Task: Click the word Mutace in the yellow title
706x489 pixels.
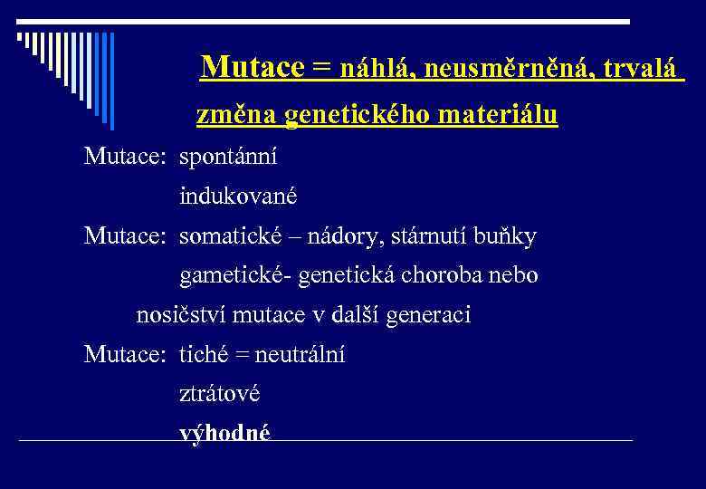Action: (x=253, y=68)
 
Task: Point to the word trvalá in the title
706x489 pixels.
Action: (x=642, y=69)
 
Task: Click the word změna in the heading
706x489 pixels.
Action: (x=237, y=116)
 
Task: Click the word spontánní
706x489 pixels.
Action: (x=228, y=158)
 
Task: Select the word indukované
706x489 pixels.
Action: (x=237, y=196)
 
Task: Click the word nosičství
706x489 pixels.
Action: (x=180, y=315)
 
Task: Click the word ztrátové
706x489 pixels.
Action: (x=219, y=394)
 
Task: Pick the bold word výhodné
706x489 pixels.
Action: (x=224, y=433)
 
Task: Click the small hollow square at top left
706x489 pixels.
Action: (x=21, y=37)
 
